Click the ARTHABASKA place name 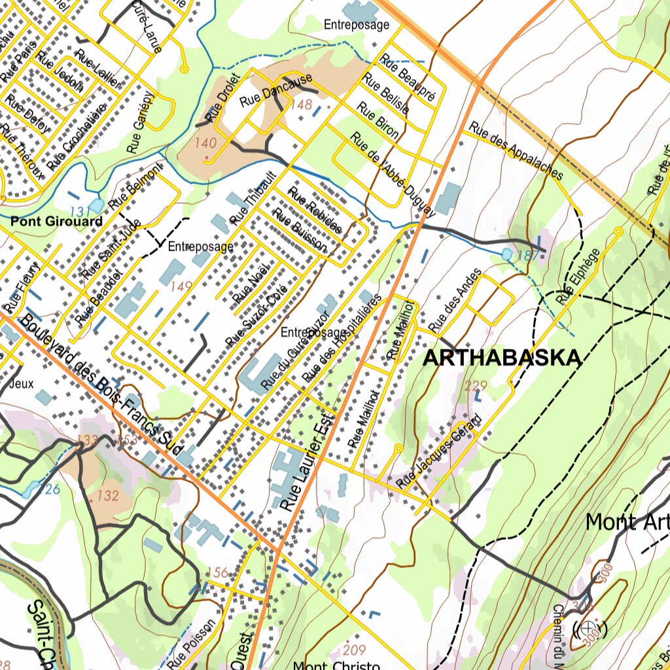(502, 358)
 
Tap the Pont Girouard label (56, 221)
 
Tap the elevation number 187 (527, 255)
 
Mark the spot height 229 (476, 385)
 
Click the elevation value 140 (205, 143)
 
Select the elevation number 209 (354, 650)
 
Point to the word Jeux (22, 383)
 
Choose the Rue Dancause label (275, 92)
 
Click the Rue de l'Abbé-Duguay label (392, 174)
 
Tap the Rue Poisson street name (190, 644)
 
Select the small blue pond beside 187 (507, 253)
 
